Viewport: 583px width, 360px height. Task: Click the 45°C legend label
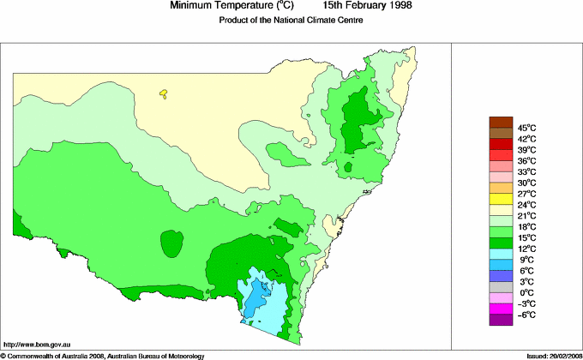coord(526,127)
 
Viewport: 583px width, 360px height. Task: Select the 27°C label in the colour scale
coord(526,194)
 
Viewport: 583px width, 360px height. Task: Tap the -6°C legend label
coord(526,315)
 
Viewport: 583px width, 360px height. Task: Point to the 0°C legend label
coord(526,293)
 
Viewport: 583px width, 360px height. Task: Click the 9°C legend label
coord(526,260)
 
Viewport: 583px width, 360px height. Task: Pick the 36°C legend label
coord(526,160)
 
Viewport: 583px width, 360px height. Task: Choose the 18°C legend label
coord(526,226)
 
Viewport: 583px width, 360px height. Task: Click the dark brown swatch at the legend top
coord(500,122)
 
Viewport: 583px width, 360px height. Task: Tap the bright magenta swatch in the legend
coord(500,309)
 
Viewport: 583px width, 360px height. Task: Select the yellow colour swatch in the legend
coord(500,199)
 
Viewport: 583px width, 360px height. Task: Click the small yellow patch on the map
coord(163,95)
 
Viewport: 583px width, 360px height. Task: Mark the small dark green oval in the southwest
coord(171,244)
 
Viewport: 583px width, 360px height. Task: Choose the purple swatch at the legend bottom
coord(500,320)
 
